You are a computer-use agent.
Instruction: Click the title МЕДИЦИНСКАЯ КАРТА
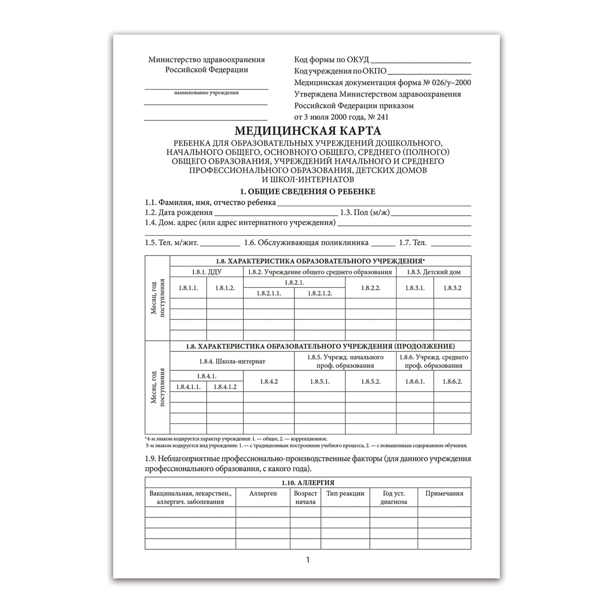308,131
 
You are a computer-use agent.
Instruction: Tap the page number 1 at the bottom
308,560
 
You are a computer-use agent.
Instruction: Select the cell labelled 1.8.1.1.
188,288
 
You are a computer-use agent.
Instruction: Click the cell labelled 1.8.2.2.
371,288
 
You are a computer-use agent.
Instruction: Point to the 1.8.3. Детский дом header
434,272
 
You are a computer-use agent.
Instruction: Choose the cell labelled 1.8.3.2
452,288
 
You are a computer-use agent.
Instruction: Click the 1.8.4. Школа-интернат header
232,361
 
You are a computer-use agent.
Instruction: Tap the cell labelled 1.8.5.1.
320,382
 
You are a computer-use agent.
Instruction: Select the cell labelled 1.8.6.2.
452,382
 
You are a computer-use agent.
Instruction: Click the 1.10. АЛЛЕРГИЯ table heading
308,483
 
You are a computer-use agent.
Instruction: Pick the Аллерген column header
263,494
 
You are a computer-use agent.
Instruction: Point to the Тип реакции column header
345,494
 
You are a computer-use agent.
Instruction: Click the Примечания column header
444,494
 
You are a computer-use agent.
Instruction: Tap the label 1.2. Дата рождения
179,213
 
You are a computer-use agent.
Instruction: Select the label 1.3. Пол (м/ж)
365,213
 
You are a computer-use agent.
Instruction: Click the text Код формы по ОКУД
331,60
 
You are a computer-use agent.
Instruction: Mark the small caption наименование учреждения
206,93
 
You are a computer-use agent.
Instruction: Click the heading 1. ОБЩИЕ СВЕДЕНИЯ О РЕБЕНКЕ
308,192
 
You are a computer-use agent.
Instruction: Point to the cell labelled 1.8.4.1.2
225,387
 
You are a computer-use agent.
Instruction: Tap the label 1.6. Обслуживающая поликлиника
306,243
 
